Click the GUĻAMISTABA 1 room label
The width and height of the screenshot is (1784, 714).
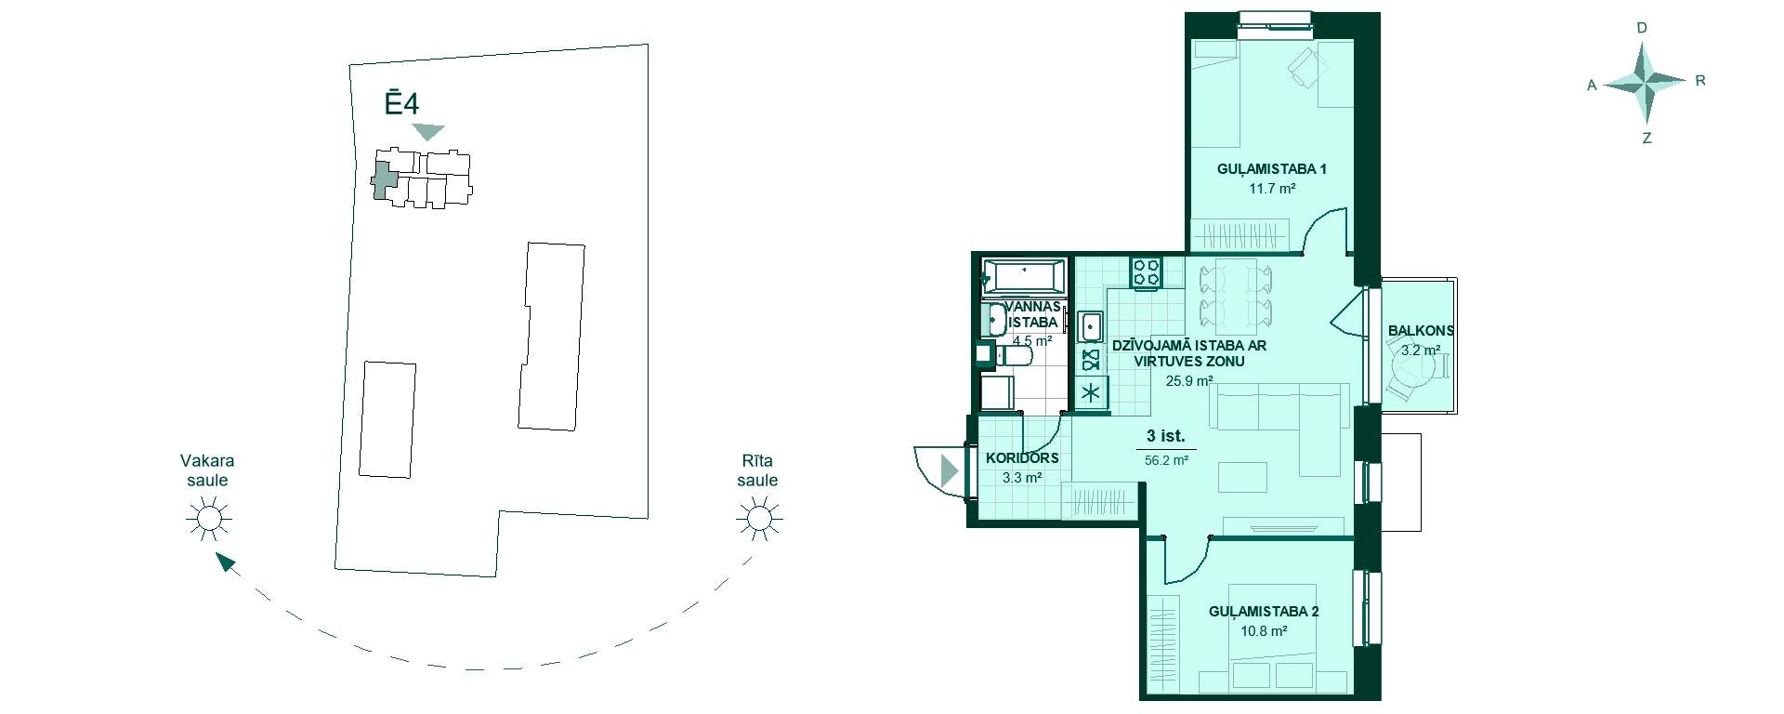1271,169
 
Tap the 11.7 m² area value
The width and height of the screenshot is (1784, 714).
1272,189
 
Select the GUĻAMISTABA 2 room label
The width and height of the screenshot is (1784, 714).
1264,612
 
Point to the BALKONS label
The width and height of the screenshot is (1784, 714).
1421,331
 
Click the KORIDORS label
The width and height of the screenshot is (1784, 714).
1022,458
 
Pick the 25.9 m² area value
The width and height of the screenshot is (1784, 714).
1189,380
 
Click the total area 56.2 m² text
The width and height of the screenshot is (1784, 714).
1166,460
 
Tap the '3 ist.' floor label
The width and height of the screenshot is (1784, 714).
1165,436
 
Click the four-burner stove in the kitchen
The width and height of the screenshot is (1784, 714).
1146,271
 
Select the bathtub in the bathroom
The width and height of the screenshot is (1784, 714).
1023,275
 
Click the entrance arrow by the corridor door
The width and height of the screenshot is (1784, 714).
948,471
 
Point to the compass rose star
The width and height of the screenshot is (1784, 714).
1646,83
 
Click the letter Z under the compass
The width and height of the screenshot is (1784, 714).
1646,139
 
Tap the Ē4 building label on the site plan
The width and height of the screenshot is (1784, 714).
401,101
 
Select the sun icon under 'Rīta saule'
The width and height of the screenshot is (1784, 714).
759,518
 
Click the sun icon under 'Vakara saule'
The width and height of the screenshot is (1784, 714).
208,518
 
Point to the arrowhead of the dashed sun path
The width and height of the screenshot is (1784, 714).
223,561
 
